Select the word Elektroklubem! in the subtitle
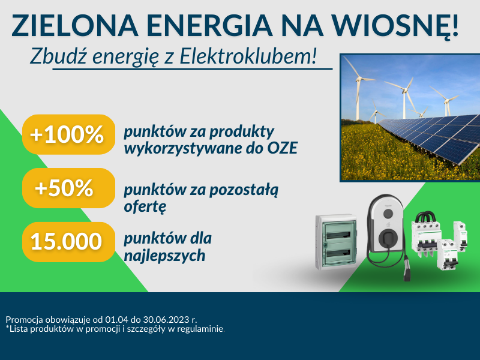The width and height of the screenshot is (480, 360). pos(248,56)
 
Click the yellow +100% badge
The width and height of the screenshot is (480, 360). pos(68,134)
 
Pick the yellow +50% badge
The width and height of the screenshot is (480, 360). pos(68,188)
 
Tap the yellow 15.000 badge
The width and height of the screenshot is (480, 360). pos(68,242)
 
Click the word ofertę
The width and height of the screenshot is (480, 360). pos(145,206)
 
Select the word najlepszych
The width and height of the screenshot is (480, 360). pos(164,256)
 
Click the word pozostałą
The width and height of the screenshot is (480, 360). pos(244,190)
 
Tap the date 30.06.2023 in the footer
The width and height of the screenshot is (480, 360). pos(166,320)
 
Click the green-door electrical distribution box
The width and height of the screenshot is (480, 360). pos(337,242)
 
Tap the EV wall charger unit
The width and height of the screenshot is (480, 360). pos(386,223)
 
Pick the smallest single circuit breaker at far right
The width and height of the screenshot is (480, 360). pos(460,236)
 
